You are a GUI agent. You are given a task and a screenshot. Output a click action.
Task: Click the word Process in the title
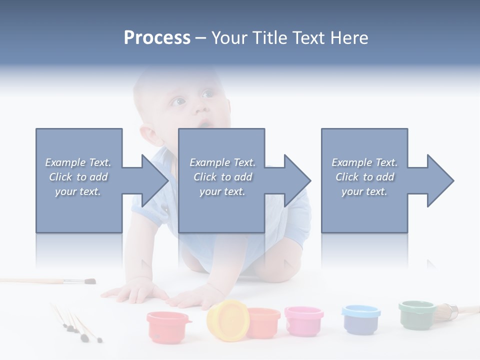(x=157, y=38)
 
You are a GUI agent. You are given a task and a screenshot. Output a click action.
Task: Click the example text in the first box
(x=78, y=177)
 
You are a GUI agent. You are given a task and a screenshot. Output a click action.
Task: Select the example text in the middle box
(x=222, y=177)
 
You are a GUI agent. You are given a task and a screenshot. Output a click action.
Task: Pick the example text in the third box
(x=364, y=177)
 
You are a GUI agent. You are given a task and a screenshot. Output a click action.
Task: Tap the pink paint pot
(x=303, y=320)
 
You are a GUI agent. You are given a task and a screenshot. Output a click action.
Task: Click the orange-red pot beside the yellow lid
(x=264, y=322)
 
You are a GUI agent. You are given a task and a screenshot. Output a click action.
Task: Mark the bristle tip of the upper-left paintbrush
(x=89, y=281)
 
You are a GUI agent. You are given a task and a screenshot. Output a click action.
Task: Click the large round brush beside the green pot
(x=445, y=312)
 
